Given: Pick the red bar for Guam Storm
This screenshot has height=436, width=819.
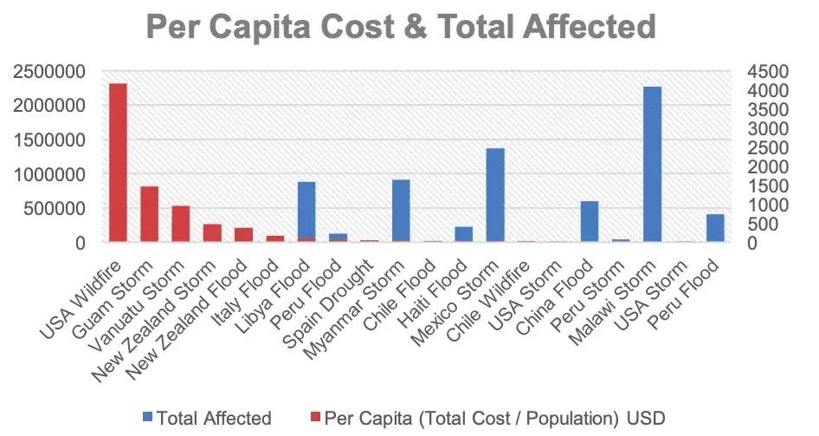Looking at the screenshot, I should [x=149, y=214].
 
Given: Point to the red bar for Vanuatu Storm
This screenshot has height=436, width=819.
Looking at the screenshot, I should [x=181, y=224].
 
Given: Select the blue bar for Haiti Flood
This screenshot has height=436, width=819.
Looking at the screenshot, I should [x=464, y=234].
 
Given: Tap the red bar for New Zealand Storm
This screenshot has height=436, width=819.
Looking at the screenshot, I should [x=212, y=233].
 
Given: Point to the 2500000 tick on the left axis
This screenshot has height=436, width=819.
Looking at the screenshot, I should [x=50, y=71].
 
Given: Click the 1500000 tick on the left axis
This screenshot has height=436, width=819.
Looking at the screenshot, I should [x=50, y=140].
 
